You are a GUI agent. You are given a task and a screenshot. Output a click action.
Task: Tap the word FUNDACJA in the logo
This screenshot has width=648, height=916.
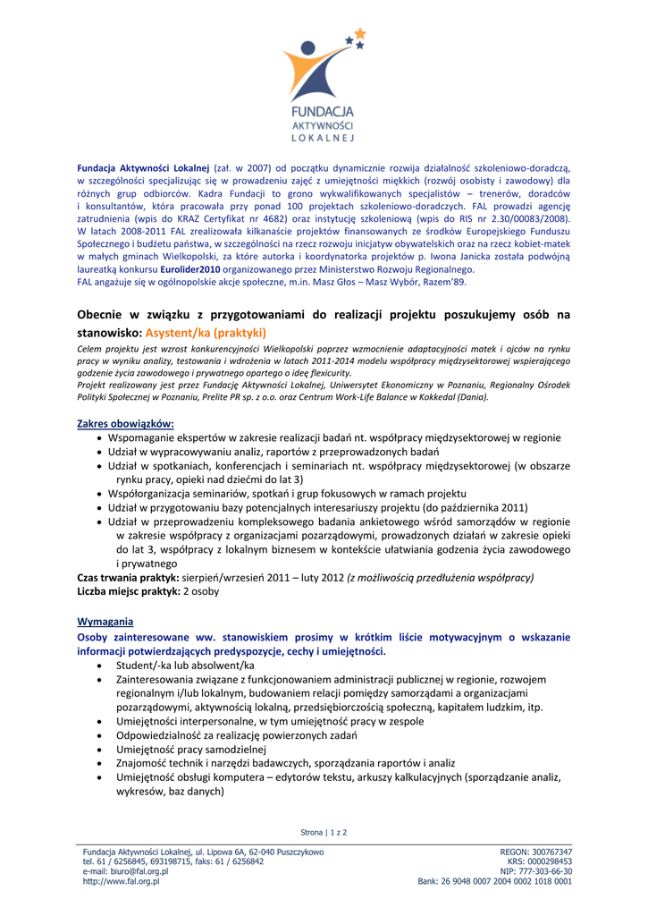(x=324, y=111)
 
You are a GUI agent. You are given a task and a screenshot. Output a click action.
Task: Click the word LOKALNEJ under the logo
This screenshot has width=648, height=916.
(x=324, y=139)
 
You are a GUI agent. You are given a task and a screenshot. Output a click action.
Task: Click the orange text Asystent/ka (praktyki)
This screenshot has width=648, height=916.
(x=201, y=332)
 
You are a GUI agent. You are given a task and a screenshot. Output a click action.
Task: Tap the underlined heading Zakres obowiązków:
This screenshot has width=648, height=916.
(x=126, y=423)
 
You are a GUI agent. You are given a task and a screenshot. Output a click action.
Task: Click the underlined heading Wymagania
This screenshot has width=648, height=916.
(x=105, y=621)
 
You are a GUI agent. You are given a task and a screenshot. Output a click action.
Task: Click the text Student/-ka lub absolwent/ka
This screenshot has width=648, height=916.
(x=185, y=666)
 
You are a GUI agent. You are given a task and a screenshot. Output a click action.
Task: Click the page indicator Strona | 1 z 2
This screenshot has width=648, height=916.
(x=324, y=832)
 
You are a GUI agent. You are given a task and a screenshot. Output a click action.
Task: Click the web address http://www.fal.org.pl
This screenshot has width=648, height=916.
(x=120, y=881)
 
